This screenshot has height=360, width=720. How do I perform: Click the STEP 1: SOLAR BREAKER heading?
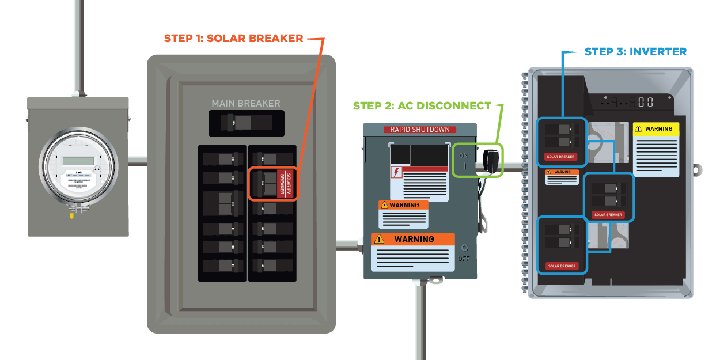[x=233, y=39]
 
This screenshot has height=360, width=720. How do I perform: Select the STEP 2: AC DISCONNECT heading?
[x=422, y=106]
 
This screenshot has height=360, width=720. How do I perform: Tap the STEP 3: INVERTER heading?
[x=635, y=52]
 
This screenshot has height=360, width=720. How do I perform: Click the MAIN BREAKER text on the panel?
[x=245, y=104]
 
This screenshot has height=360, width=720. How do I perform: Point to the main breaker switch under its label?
[x=241, y=122]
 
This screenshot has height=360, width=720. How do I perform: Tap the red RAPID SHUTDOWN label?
[x=419, y=130]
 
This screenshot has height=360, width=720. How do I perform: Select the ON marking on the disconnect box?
[x=464, y=155]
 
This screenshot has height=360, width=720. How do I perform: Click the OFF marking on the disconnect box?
[x=464, y=259]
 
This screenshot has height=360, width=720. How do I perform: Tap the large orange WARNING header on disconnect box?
[x=414, y=239]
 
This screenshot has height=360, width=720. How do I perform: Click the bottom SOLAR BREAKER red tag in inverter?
[x=562, y=266]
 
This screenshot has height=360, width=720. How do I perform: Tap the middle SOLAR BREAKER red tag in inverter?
[x=608, y=215]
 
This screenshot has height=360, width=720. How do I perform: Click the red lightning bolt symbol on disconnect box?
[x=396, y=172]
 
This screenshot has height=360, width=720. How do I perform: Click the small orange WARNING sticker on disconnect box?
[x=403, y=205]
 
